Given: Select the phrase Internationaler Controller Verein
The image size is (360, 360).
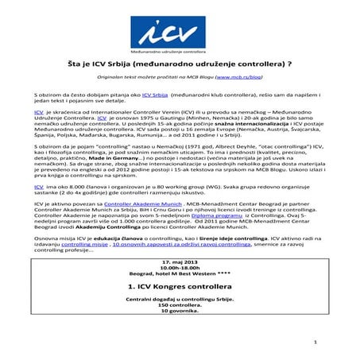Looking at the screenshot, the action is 111,114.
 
